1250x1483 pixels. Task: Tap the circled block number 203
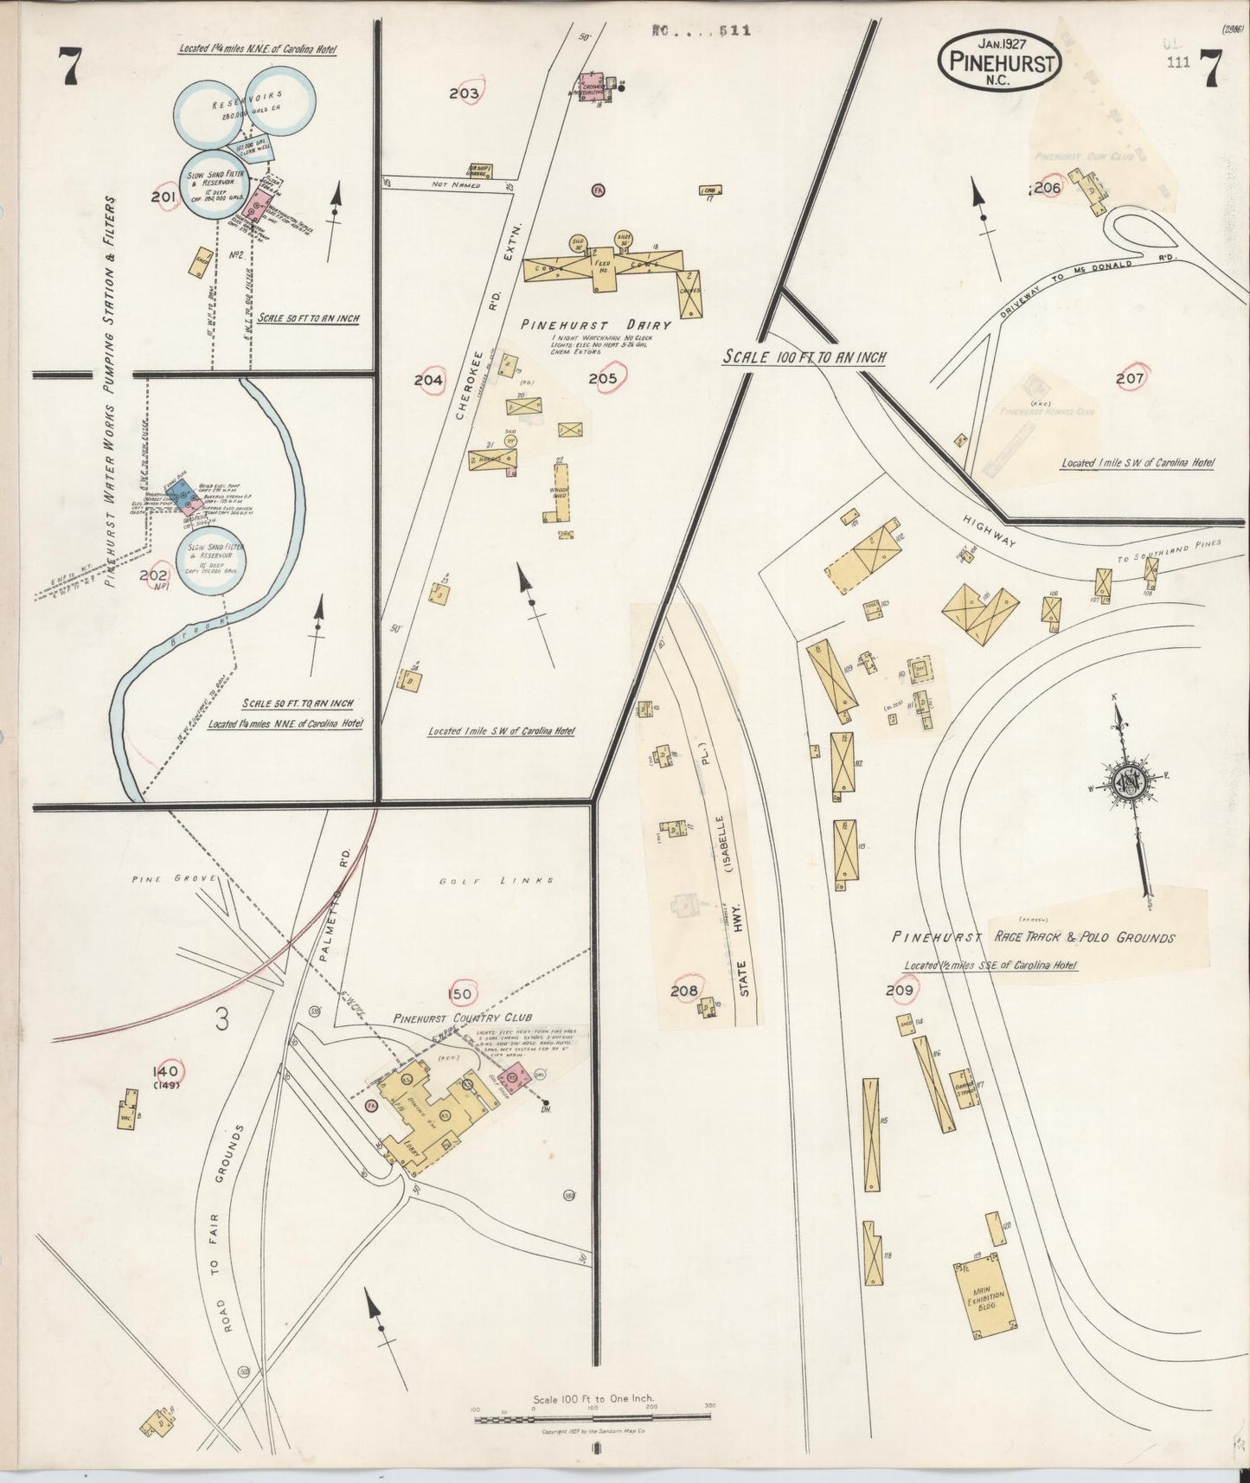(465, 93)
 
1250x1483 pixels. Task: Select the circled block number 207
(1130, 379)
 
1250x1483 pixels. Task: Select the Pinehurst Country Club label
(463, 1018)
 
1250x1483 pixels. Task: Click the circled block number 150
(460, 994)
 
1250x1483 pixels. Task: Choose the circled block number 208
(683, 991)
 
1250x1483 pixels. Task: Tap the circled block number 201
(163, 197)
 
